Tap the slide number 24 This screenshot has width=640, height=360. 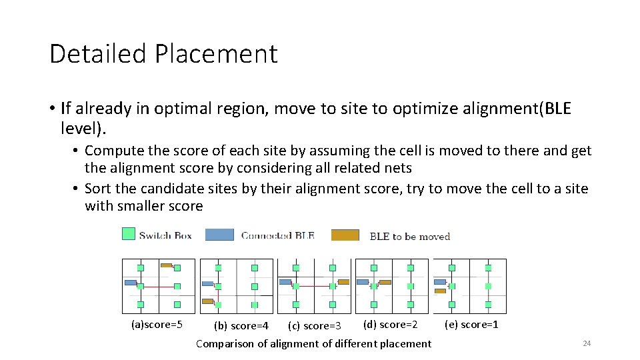click(587, 343)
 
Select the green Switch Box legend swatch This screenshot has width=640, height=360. click(129, 233)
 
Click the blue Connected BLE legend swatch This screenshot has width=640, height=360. click(219, 235)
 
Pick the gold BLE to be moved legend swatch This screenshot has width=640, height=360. click(345, 235)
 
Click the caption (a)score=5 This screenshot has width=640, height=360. click(157, 325)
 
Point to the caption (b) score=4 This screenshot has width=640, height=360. click(241, 326)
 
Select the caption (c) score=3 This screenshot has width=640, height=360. click(314, 326)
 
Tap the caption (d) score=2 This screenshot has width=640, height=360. click(390, 325)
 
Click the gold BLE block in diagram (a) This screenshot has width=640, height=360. click(166, 265)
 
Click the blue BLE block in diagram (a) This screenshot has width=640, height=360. click(130, 283)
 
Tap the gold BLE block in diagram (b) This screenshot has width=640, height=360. click(207, 301)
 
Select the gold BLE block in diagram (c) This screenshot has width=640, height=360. click(343, 282)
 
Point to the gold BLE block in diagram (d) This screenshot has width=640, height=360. click(385, 282)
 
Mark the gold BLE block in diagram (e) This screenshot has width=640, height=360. click(440, 291)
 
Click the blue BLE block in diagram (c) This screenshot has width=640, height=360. click(285, 282)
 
